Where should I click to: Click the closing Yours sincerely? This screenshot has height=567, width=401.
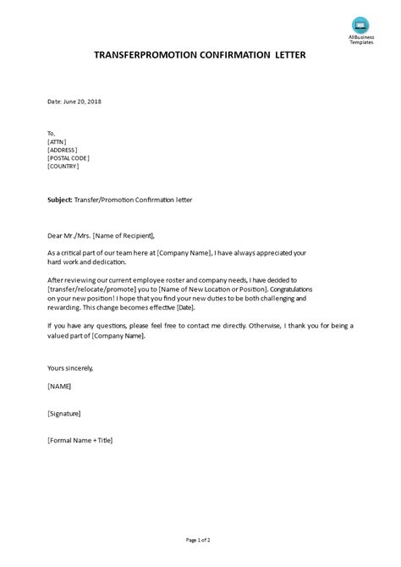pos(70,368)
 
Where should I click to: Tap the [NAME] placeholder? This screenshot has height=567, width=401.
pos(60,386)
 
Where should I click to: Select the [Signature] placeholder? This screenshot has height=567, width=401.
pos(65,413)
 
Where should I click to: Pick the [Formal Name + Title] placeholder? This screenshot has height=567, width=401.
pos(80,440)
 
